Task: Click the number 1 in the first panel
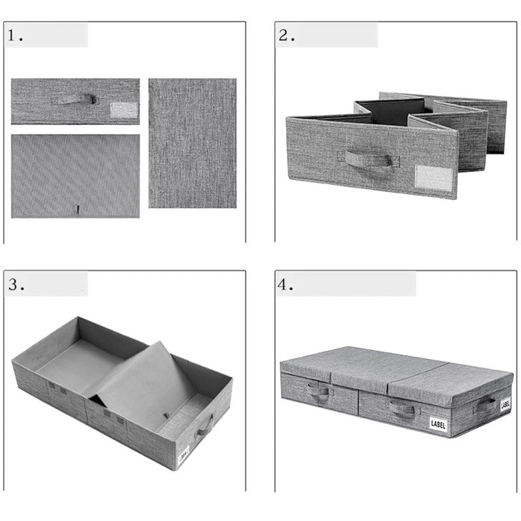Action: point(14,36)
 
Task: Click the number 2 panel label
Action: point(285,36)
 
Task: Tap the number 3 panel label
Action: point(15,285)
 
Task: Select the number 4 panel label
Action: point(285,285)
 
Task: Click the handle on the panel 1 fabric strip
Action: point(75,99)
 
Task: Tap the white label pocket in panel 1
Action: point(124,109)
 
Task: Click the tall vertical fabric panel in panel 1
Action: point(192,143)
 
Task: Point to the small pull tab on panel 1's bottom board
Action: point(77,210)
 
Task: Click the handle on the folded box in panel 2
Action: point(368,159)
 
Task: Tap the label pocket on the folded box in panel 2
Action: point(434,177)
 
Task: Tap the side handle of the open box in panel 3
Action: point(206,425)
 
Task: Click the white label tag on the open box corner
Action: point(184,451)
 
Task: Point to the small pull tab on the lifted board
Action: point(167,415)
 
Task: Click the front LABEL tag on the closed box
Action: point(438,424)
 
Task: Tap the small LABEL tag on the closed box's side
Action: point(505,405)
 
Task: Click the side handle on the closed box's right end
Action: point(485,405)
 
